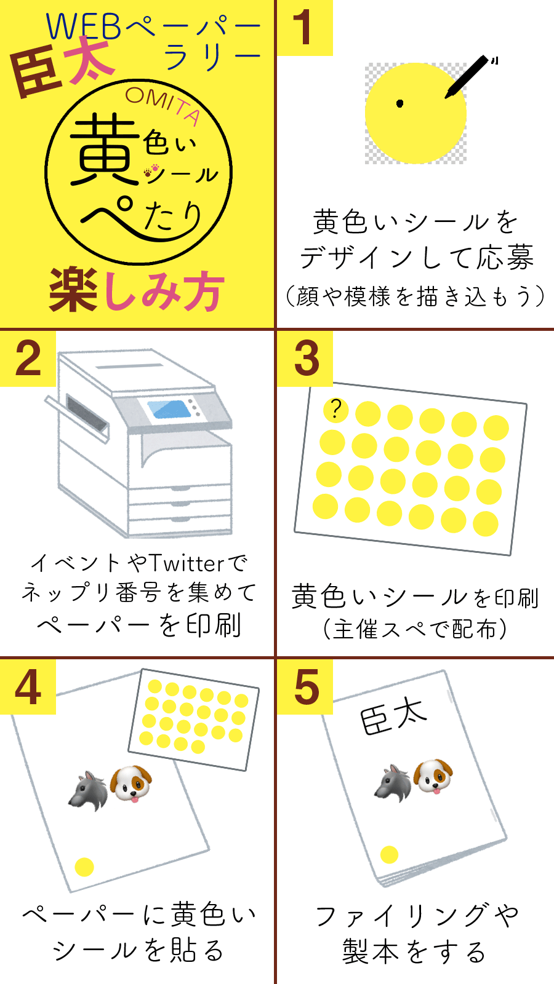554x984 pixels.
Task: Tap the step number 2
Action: click(x=28, y=359)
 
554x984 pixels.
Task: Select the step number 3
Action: click(x=307, y=359)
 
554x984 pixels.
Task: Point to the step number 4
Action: click(x=28, y=687)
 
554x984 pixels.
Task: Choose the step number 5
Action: click(x=307, y=687)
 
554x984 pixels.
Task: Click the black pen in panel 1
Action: click(x=468, y=77)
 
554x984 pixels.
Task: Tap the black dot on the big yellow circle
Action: click(x=399, y=103)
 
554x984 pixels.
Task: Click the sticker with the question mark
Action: click(x=336, y=410)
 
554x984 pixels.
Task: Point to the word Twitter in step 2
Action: click(x=188, y=563)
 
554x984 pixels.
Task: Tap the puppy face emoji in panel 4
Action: click(x=131, y=784)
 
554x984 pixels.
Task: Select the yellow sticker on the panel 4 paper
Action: click(x=84, y=867)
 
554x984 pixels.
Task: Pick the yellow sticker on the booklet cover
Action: click(x=389, y=854)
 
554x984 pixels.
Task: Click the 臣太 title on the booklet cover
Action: click(x=393, y=715)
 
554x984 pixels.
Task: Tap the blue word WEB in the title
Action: click(x=84, y=26)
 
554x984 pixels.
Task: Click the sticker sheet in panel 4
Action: click(x=193, y=720)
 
